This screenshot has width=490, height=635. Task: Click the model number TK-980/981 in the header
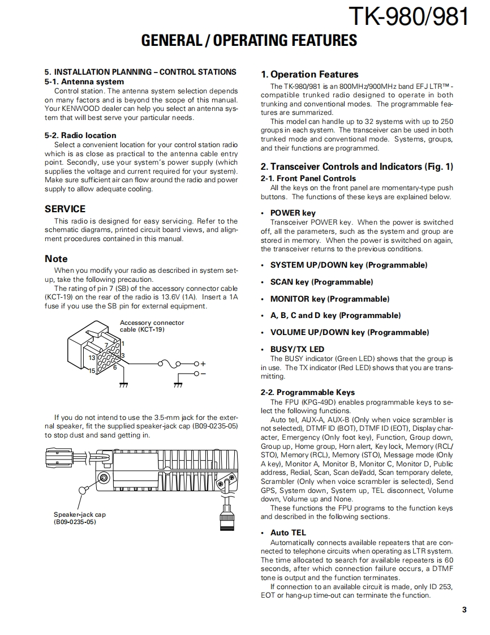(409, 18)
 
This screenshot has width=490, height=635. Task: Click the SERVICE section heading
(65, 209)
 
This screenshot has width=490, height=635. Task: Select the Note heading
(56, 259)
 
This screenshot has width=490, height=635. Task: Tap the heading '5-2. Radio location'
(80, 135)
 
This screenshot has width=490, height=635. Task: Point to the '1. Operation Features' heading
(310, 74)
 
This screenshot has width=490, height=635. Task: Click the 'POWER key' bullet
(293, 213)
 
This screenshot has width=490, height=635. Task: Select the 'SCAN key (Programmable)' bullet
(321, 282)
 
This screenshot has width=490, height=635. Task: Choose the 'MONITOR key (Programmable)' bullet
(329, 299)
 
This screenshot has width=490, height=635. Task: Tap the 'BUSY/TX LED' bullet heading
(297, 349)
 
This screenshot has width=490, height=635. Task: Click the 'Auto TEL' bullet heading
(287, 533)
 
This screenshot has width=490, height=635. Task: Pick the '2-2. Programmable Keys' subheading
(308, 392)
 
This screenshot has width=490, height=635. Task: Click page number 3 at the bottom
(464, 610)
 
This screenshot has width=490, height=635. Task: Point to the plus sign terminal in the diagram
(203, 363)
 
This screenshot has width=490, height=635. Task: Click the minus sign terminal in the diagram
(203, 374)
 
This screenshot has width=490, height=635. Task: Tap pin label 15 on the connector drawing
(91, 371)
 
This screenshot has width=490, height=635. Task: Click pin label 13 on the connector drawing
(91, 358)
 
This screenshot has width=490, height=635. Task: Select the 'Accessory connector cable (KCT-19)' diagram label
(152, 326)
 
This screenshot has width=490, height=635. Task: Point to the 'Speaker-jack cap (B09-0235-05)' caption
(79, 518)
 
